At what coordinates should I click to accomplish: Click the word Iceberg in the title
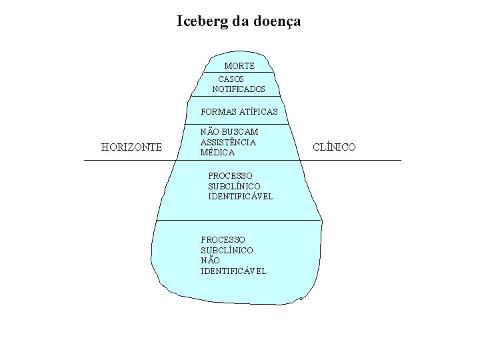(203, 21)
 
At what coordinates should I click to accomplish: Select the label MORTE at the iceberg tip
(239, 66)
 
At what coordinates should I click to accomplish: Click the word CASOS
(231, 79)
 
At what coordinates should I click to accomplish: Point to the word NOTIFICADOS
(239, 89)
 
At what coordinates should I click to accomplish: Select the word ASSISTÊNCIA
(228, 142)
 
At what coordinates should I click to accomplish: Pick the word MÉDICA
(217, 153)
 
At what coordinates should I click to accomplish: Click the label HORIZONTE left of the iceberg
(131, 147)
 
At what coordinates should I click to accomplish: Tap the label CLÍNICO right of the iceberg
(334, 147)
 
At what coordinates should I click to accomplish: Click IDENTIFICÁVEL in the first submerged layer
(241, 196)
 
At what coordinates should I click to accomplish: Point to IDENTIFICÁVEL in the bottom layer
(233, 271)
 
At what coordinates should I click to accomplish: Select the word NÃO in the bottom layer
(210, 260)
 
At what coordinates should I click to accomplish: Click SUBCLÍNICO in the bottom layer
(227, 249)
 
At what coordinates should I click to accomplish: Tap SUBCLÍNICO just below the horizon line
(234, 185)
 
